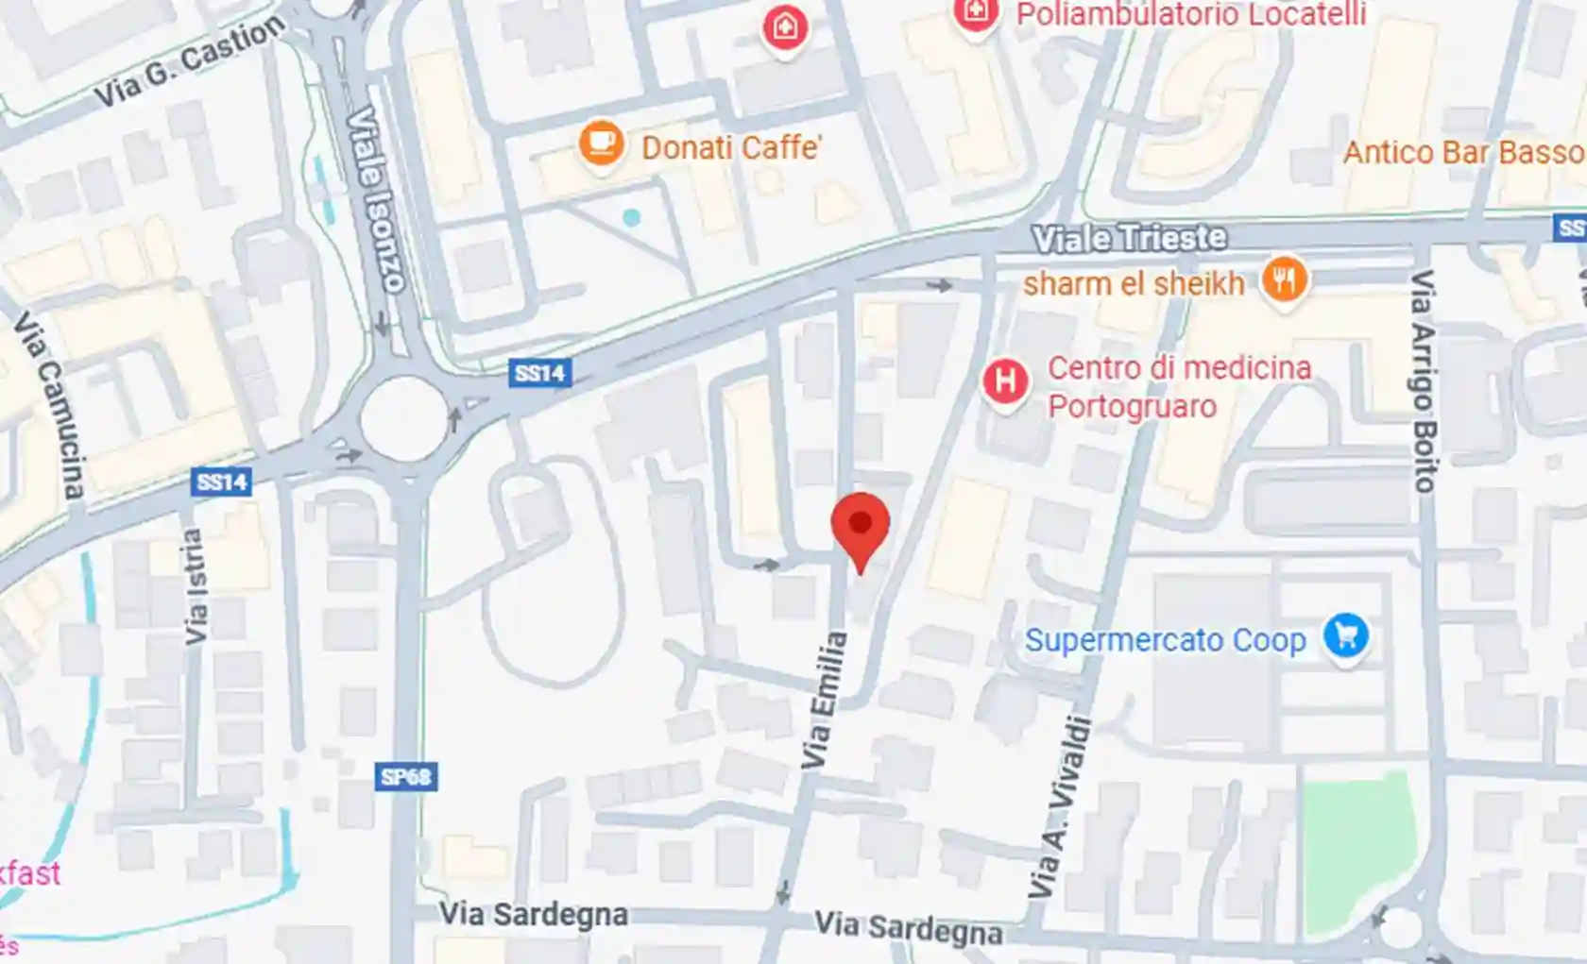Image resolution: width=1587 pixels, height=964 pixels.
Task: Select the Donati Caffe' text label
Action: click(731, 147)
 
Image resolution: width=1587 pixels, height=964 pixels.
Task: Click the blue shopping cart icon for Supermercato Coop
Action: click(1345, 635)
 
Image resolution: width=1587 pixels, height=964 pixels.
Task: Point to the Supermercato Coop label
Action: click(1165, 640)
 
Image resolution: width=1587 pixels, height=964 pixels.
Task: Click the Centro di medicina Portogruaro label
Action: click(1179, 386)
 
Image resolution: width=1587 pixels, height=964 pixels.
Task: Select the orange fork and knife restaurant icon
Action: click(1284, 279)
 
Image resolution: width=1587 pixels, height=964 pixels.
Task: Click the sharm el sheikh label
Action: click(1134, 283)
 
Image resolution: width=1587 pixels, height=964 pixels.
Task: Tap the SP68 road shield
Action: click(405, 777)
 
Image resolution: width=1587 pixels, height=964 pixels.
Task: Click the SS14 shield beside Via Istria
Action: click(221, 482)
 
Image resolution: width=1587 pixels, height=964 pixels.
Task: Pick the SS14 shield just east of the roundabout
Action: click(539, 373)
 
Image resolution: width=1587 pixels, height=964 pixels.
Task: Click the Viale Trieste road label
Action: click(1129, 238)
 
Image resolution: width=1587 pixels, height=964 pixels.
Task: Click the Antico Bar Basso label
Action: click(1462, 152)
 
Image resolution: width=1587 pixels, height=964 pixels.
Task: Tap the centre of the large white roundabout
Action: click(403, 418)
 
